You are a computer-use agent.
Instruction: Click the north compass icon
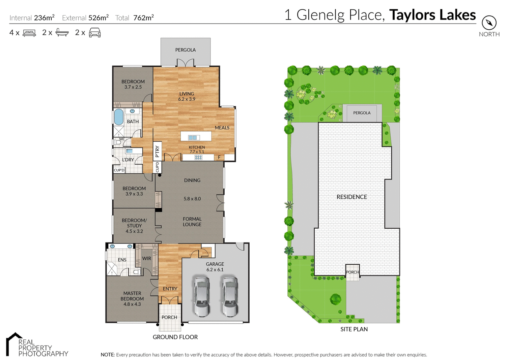[x=489, y=23]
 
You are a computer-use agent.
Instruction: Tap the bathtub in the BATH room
[x=118, y=117]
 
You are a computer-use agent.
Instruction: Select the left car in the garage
[x=201, y=296]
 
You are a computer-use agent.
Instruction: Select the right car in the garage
[x=230, y=296]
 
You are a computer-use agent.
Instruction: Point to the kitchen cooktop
[x=198, y=157]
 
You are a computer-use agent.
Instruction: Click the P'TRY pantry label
[x=157, y=152]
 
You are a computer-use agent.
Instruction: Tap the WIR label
[x=147, y=259]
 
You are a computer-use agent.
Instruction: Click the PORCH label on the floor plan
[x=169, y=317]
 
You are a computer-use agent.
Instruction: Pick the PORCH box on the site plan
[x=353, y=272]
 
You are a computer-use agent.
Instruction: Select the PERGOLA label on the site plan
[x=362, y=113]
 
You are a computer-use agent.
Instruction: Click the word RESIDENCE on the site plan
[x=352, y=197]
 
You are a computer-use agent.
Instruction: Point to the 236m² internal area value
[x=44, y=18]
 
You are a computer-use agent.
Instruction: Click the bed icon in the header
[x=29, y=33]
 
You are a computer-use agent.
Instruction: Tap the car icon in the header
[x=95, y=33]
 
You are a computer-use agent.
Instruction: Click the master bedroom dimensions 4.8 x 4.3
[x=132, y=304]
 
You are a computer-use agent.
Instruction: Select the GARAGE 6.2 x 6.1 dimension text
[x=215, y=270]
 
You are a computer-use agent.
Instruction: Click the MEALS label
[x=222, y=128]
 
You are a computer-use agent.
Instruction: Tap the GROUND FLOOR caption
[x=175, y=337]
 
